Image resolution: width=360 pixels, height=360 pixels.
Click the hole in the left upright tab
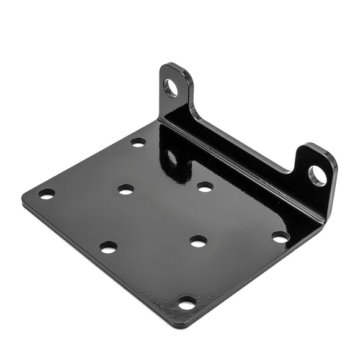pos(171,88)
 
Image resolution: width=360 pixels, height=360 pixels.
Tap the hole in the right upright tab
pos(317,176)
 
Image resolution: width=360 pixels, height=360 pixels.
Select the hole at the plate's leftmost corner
pos(47,194)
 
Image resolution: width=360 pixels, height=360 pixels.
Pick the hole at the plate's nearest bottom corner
pos(187,303)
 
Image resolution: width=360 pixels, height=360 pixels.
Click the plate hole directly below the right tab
pos(281,237)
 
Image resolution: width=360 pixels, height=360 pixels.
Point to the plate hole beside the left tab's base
pos(138,142)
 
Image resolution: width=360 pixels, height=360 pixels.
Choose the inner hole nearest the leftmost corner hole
pos(125,189)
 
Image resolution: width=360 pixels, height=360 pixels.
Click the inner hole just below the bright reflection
pos(205,186)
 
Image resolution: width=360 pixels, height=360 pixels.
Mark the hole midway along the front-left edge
pos(108,247)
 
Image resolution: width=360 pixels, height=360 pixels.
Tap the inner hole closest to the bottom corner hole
pos(199,241)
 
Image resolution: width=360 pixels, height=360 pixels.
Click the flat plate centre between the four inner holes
pos(163,214)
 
